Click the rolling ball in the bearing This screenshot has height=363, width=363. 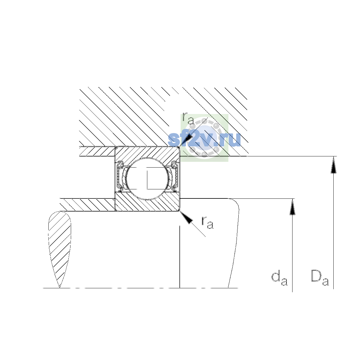148,178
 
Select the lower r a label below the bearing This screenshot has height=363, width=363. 208,223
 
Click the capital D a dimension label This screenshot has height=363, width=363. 320,281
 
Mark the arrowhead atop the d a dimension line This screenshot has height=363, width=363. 292,207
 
